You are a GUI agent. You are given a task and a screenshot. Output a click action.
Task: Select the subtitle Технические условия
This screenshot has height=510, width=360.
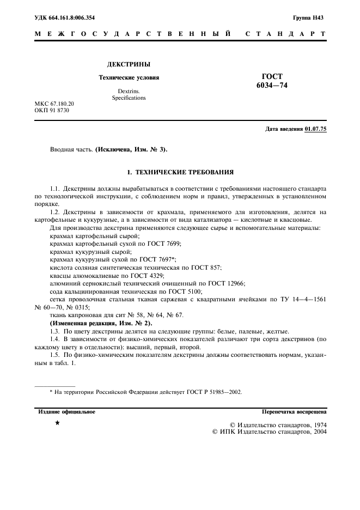tap(129, 77)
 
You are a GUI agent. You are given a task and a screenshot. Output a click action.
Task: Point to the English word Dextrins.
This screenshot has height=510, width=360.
tap(129, 91)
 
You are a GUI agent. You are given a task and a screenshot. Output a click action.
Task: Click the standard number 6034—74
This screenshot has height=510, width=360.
tap(272, 86)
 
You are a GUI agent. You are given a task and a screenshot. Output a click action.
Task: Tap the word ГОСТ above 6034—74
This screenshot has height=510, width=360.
tap(272, 77)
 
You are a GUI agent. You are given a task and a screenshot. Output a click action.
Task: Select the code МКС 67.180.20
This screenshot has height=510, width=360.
tap(54, 104)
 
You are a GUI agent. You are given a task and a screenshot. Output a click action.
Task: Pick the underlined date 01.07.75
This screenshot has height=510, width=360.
tap(316, 129)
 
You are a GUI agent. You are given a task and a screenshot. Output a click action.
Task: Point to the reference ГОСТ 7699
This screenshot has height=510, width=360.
tap(163, 244)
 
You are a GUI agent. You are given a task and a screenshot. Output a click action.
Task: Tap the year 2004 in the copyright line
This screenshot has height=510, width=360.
tap(318, 432)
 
